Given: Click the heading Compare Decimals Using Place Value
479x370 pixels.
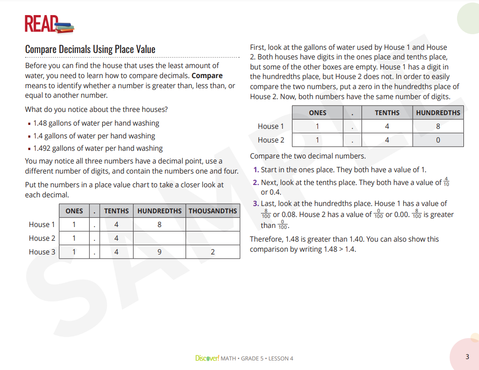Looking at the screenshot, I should tap(90, 49).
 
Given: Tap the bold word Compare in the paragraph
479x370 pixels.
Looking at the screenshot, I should tap(207, 76).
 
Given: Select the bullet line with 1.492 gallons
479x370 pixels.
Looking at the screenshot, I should tap(98, 148).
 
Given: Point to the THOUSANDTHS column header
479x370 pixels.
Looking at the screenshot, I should tap(213, 211).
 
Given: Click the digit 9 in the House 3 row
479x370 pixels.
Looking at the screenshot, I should tap(159, 252).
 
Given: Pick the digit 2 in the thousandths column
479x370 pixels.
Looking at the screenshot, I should tap(213, 252).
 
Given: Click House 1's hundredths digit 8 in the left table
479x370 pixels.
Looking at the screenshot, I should tap(159, 224).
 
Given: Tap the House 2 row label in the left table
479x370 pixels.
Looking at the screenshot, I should tap(42, 238).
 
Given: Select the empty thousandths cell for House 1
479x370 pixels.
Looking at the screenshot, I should tap(213, 224).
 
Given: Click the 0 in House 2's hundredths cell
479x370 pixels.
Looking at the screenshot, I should tap(438, 140).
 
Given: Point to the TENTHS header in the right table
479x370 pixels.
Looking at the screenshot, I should tap(387, 113).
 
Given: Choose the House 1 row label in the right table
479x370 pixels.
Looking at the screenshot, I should tap(271, 127).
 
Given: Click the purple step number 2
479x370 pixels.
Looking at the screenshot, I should tap(256, 183).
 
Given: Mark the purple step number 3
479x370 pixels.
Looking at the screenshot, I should tap(256, 204).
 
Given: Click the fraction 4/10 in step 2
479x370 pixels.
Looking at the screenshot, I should tap(446, 183).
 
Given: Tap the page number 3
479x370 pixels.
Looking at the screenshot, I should tap(467, 357).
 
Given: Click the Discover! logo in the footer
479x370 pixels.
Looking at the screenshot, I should tap(207, 359).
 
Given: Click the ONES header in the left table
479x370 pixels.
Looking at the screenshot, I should tap(74, 211).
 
